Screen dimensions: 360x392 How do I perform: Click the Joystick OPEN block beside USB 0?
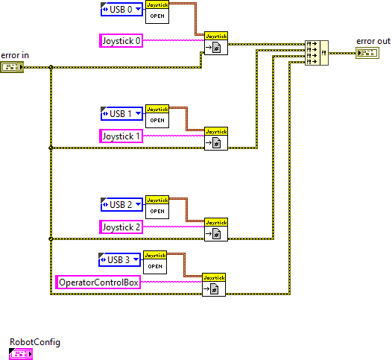point(157,12)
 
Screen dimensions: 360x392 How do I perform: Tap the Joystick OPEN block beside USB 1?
point(157,116)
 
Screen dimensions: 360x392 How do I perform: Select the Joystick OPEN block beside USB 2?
point(157,206)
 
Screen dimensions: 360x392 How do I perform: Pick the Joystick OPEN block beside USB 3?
point(155,262)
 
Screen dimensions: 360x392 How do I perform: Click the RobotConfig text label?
point(34,342)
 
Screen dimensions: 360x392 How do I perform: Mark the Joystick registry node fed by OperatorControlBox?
point(214,285)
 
